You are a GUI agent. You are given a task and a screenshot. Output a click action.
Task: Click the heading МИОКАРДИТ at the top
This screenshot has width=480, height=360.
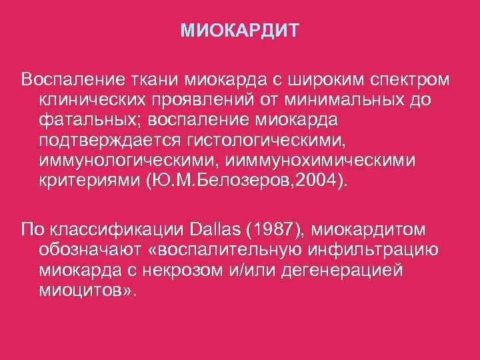[x=240, y=31]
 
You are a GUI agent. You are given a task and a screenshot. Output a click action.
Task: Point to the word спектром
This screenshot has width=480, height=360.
[x=409, y=80]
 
